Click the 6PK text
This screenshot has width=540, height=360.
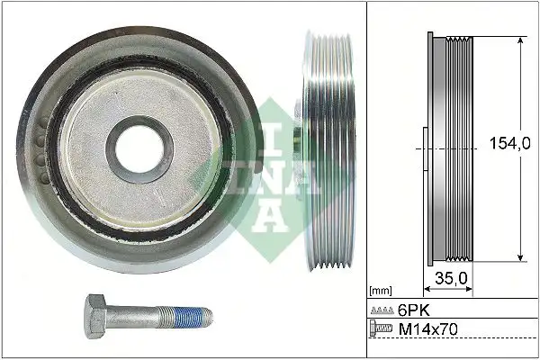click(x=414, y=309)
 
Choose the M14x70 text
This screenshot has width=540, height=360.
click(x=427, y=331)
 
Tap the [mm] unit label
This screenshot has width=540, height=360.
click(x=382, y=292)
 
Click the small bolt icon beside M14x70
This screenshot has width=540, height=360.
click(x=382, y=331)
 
